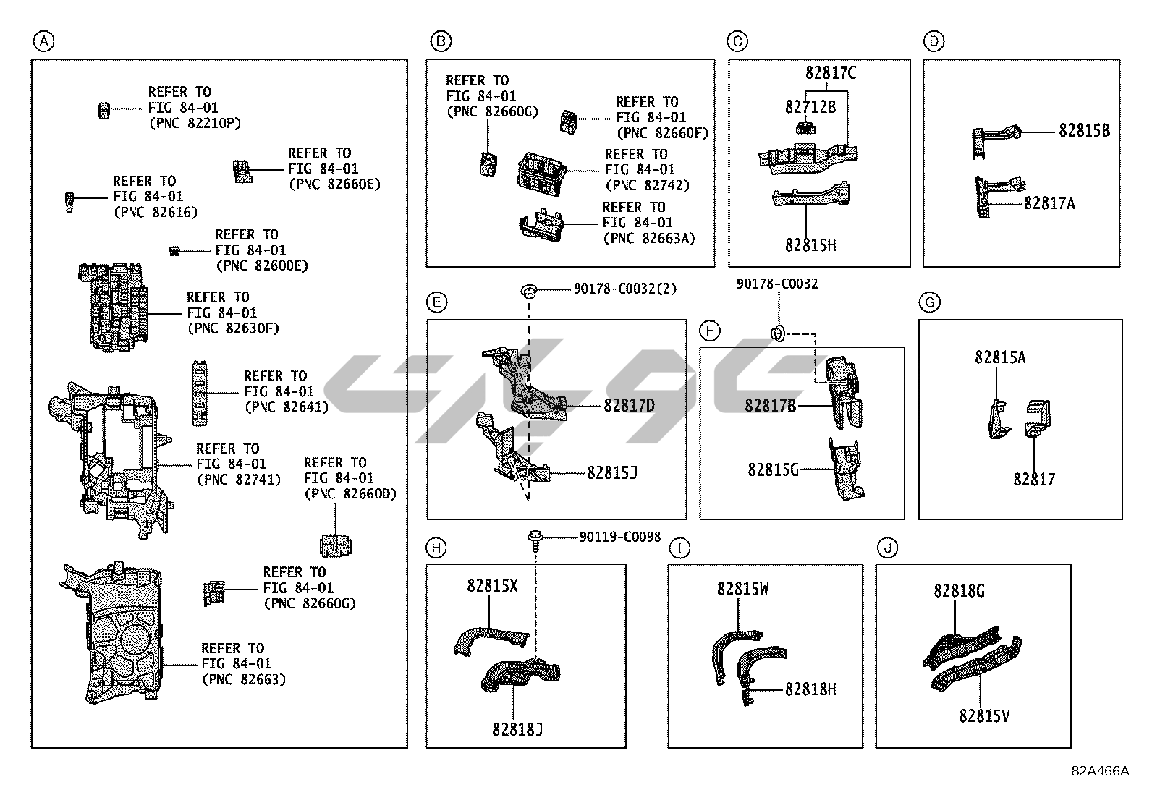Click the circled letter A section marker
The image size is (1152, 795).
point(43,42)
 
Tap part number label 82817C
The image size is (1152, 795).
point(831,73)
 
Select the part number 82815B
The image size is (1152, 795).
point(1084,131)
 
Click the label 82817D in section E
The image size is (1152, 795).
point(629,406)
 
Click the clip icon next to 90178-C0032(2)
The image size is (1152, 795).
point(530,292)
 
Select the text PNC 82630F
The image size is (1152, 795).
point(233,328)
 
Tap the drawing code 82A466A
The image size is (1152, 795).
point(1100,771)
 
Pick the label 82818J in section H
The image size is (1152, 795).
point(517,730)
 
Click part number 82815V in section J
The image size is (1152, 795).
point(984,716)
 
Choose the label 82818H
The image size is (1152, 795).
point(810,690)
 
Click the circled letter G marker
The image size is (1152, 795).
point(930,302)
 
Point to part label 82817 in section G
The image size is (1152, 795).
point(1034,480)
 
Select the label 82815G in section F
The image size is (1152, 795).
point(773,470)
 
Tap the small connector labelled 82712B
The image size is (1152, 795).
point(804,129)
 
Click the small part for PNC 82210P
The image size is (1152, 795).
point(103,110)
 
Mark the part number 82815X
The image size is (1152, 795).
point(492,586)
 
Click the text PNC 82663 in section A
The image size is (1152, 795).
point(244,679)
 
